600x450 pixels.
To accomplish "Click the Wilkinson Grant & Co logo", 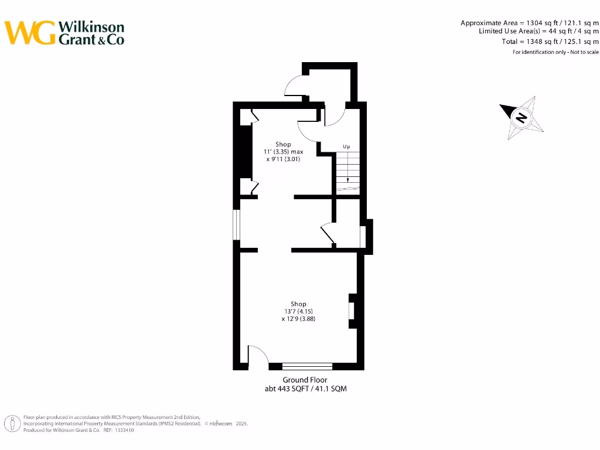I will click(x=64, y=33).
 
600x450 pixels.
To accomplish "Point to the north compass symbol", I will click(x=521, y=117).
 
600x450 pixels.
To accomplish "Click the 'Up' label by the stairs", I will click(x=346, y=146).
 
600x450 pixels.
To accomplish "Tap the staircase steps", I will click(x=348, y=172).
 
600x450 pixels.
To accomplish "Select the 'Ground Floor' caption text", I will click(x=305, y=380).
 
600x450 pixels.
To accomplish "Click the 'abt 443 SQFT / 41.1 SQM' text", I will click(x=305, y=389).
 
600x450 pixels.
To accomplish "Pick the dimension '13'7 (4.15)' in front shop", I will click(x=298, y=312).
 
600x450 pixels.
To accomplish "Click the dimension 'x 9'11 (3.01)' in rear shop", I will click(x=283, y=159).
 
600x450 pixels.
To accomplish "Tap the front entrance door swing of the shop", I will click(x=258, y=356).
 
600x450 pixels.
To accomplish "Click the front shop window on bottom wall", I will click(x=307, y=367).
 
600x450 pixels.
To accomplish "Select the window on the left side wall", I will click(x=236, y=225).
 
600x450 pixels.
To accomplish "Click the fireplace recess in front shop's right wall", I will click(x=352, y=311).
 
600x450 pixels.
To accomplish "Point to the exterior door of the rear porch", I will click(x=294, y=88).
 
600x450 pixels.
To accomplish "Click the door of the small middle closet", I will click(x=327, y=233).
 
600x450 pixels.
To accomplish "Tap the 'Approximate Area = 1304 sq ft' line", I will click(x=529, y=23).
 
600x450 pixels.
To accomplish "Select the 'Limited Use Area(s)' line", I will click(x=538, y=31).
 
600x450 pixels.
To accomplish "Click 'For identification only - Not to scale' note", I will click(x=555, y=52).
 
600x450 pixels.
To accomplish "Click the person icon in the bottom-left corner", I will click(x=11, y=423).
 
